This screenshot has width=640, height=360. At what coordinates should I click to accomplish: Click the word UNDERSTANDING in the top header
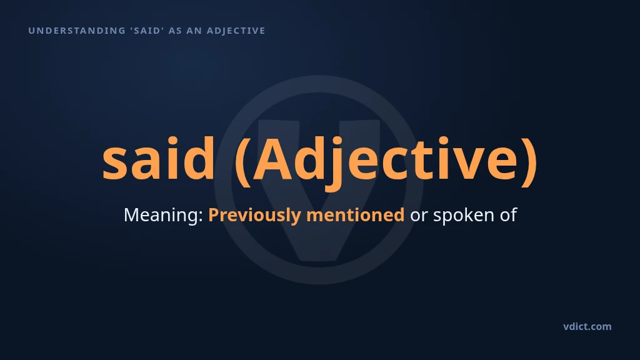[77, 31]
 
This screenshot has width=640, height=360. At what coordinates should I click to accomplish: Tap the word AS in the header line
[175, 31]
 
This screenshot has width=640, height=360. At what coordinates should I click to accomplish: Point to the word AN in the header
[194, 31]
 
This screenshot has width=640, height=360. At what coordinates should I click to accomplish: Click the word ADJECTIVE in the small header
[236, 31]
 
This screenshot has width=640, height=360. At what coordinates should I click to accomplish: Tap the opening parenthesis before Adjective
[243, 161]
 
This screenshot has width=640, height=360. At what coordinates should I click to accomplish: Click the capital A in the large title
[272, 159]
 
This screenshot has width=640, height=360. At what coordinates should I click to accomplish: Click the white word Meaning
[161, 215]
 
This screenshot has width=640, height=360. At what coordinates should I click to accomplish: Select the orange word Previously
[255, 215]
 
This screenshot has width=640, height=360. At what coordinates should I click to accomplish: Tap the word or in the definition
[419, 216]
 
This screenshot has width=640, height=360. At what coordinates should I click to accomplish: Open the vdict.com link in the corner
[587, 326]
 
